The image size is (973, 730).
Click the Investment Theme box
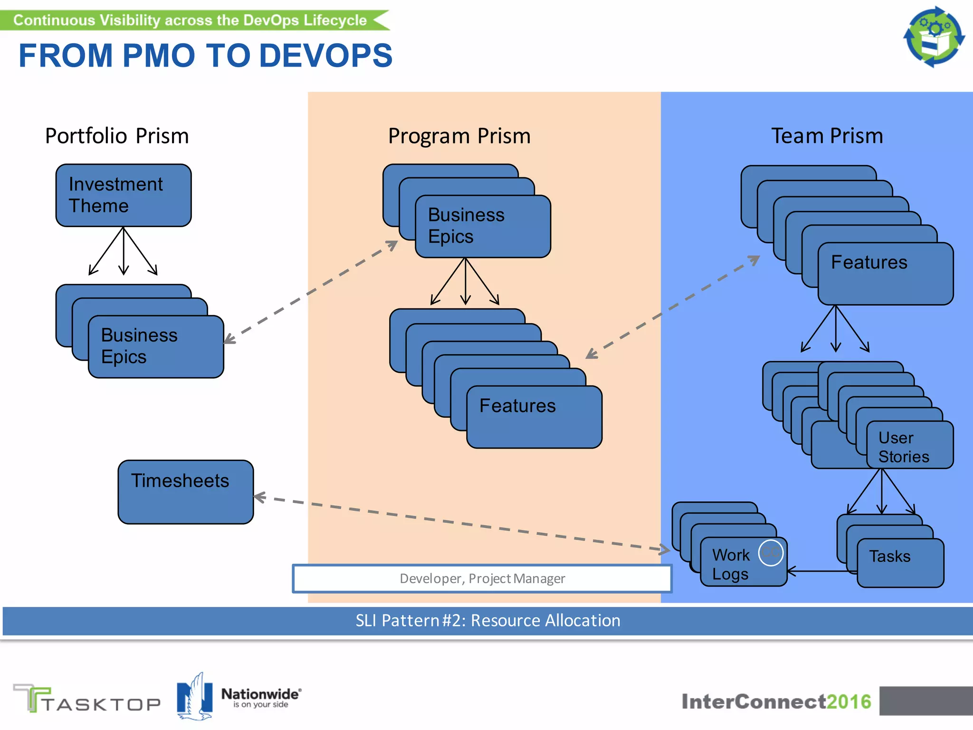click(x=124, y=195)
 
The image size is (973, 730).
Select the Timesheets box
click(x=185, y=492)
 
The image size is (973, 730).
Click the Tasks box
click(x=900, y=563)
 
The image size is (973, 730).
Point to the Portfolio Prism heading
click(x=117, y=136)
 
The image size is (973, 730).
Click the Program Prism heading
click(x=459, y=136)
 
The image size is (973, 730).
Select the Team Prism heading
click(x=827, y=136)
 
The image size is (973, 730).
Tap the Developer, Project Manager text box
click(x=482, y=578)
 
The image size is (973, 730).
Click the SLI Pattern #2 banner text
click(x=487, y=621)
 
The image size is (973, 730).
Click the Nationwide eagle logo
click(x=194, y=697)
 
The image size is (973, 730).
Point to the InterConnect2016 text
click(x=776, y=701)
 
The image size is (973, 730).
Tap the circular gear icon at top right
click(x=934, y=37)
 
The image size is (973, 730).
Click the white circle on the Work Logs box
click(x=770, y=552)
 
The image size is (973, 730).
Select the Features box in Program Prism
click(x=534, y=417)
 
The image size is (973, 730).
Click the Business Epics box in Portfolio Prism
click(x=156, y=346)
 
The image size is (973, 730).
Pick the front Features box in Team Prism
click(x=885, y=274)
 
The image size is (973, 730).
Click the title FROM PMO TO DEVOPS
click(x=205, y=56)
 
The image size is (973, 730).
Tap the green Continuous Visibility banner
click(x=190, y=20)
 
